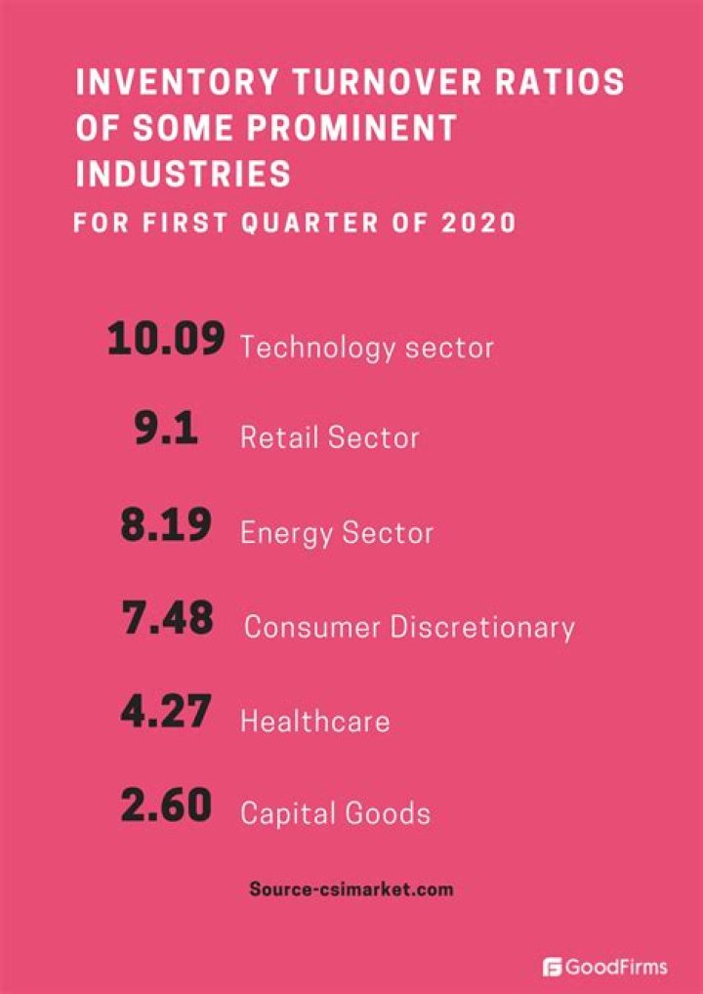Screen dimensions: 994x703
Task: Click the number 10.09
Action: pyautogui.click(x=166, y=341)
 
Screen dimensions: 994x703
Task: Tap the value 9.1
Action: pyautogui.click(x=166, y=431)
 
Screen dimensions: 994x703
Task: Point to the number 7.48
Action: pyautogui.click(x=168, y=619)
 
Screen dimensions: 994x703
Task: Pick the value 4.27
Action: pyautogui.click(x=166, y=714)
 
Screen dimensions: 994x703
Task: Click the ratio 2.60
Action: pyautogui.click(x=166, y=807)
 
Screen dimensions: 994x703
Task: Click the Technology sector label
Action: pyautogui.click(x=367, y=348)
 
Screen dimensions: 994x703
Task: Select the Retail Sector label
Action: pyautogui.click(x=329, y=437)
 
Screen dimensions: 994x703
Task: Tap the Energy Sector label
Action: pyautogui.click(x=337, y=533)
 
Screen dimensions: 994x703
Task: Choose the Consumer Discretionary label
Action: pyautogui.click(x=409, y=627)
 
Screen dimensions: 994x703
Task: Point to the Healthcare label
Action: pyautogui.click(x=314, y=722)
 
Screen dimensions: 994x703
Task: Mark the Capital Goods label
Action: pyautogui.click(x=335, y=813)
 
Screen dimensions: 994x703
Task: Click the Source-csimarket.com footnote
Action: pyautogui.click(x=351, y=890)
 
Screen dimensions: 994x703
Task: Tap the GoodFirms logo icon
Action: pyautogui.click(x=552, y=967)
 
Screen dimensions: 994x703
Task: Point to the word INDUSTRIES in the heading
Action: pyautogui.click(x=184, y=175)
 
